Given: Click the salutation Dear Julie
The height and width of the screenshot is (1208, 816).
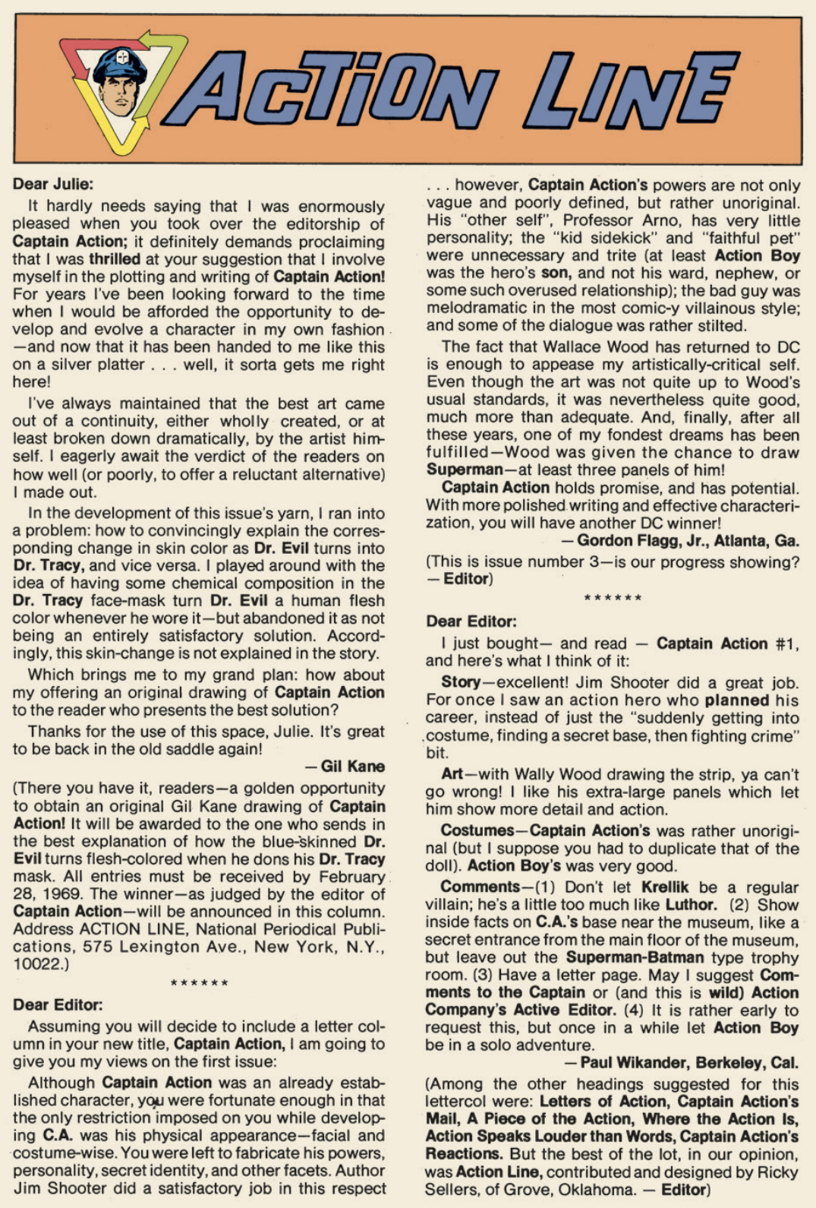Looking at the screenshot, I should (52, 184).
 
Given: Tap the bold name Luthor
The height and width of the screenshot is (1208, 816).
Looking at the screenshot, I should (691, 905).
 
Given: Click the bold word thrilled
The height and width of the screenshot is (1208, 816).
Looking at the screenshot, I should (115, 259).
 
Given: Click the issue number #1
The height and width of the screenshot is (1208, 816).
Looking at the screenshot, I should (787, 644).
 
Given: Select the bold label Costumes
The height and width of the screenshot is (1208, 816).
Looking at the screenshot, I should (477, 830).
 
